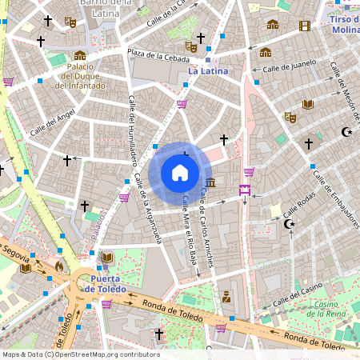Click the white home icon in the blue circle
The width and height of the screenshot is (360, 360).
click(x=180, y=172)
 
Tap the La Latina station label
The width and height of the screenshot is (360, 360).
click(x=207, y=71)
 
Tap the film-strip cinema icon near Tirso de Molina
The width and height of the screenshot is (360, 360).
click(x=304, y=26)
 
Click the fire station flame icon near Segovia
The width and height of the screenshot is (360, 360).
click(x=58, y=265)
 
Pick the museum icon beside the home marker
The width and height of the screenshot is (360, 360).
click(x=210, y=184)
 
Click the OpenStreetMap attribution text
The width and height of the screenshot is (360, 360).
click(x=80, y=354)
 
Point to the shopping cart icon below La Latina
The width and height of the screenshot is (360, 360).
click(x=182, y=104)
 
